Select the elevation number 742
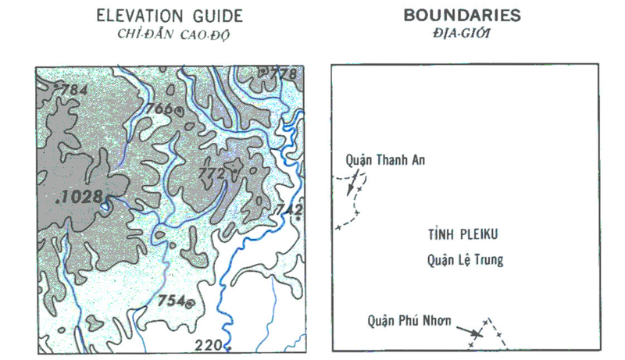pyautogui.click(x=288, y=209)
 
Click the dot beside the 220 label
pyautogui.click(x=228, y=344)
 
